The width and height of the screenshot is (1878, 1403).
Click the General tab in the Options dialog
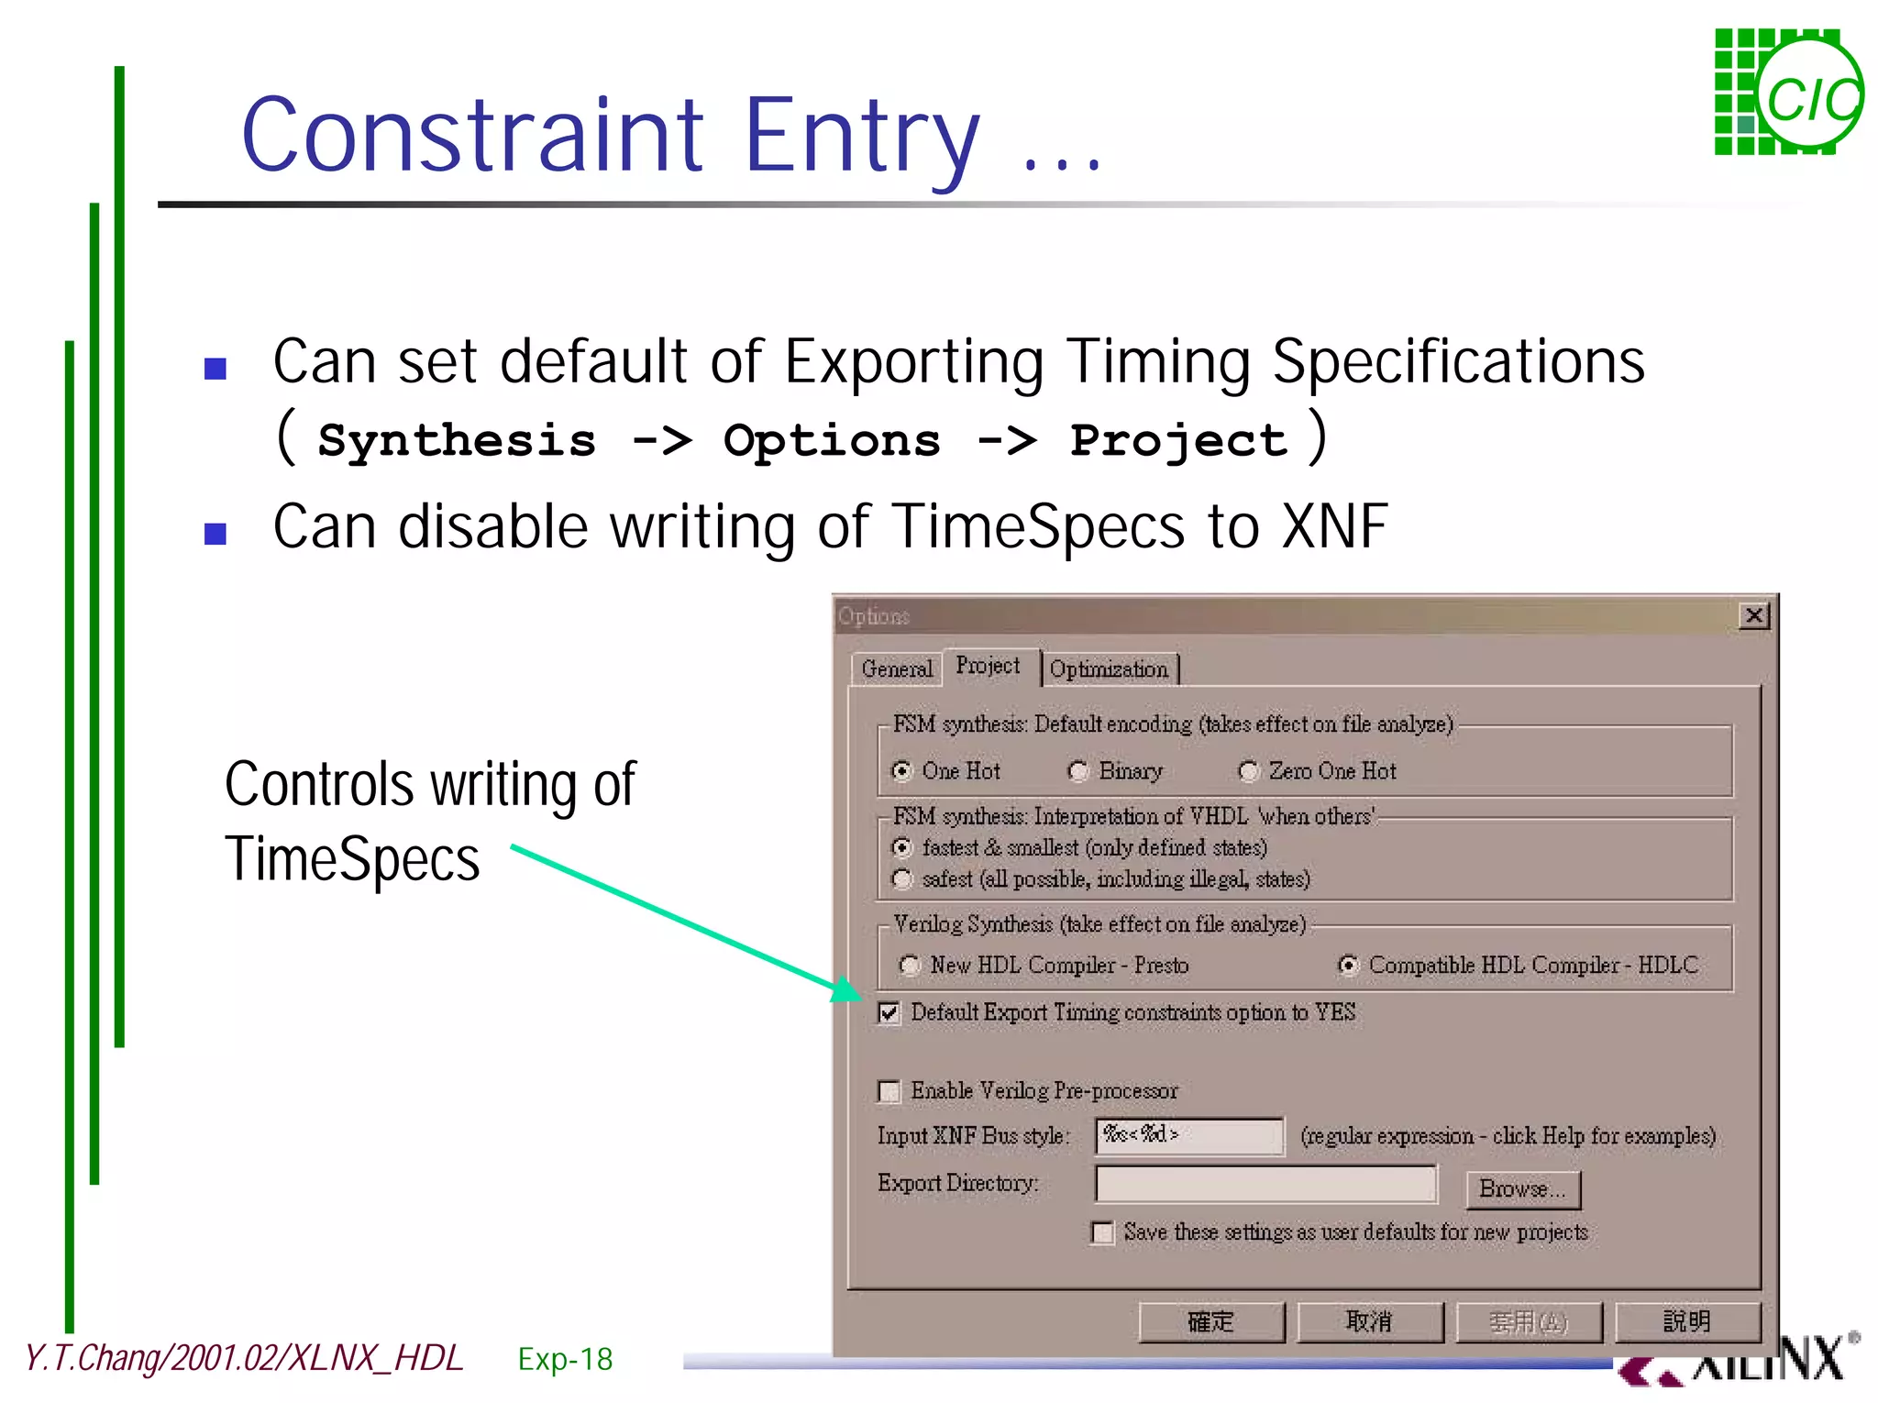896,668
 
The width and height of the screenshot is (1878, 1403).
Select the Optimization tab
1109,668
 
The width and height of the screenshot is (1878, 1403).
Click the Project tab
988,665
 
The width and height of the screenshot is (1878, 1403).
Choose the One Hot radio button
902,771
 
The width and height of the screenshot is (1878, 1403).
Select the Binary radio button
1078,771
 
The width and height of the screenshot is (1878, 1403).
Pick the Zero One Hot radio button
1249,771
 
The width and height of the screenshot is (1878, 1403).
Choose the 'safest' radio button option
902,879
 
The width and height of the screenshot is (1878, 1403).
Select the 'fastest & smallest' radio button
902,847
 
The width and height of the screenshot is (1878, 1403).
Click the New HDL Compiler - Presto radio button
910,965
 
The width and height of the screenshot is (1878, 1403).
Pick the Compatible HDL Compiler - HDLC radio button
1348,965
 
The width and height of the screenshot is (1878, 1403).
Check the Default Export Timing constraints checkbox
889,1013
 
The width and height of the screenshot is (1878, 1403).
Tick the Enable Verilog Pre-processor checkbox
889,1091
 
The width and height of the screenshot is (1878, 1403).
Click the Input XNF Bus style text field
1189,1136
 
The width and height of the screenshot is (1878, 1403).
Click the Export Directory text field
1265,1184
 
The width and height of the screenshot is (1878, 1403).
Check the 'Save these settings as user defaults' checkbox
1102,1232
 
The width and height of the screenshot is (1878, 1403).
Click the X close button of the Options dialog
1754,615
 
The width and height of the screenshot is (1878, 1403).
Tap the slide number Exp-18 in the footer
565,1359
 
